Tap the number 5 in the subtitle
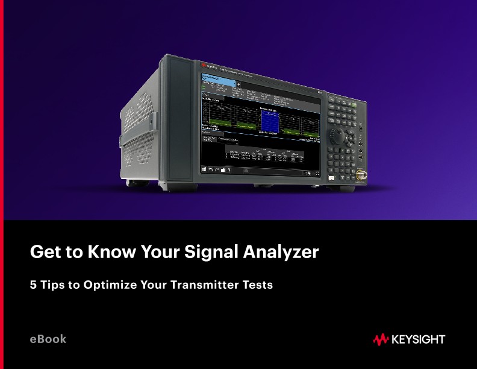pos(34,285)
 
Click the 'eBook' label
pos(48,339)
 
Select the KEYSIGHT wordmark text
pos(418,340)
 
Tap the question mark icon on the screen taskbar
pos(228,170)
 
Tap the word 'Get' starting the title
pos(42,252)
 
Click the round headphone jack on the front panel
pos(361,128)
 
